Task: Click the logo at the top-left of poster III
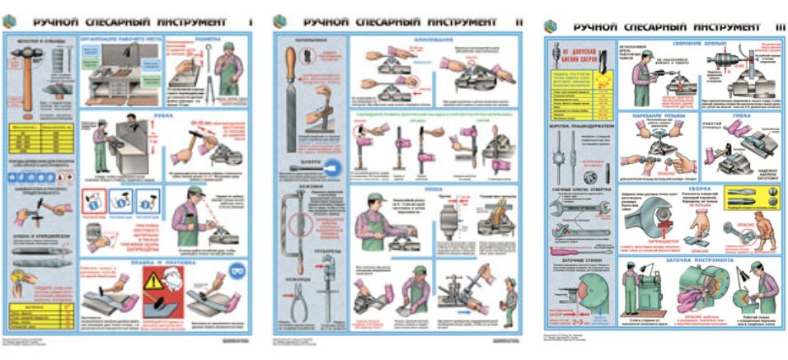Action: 552,27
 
